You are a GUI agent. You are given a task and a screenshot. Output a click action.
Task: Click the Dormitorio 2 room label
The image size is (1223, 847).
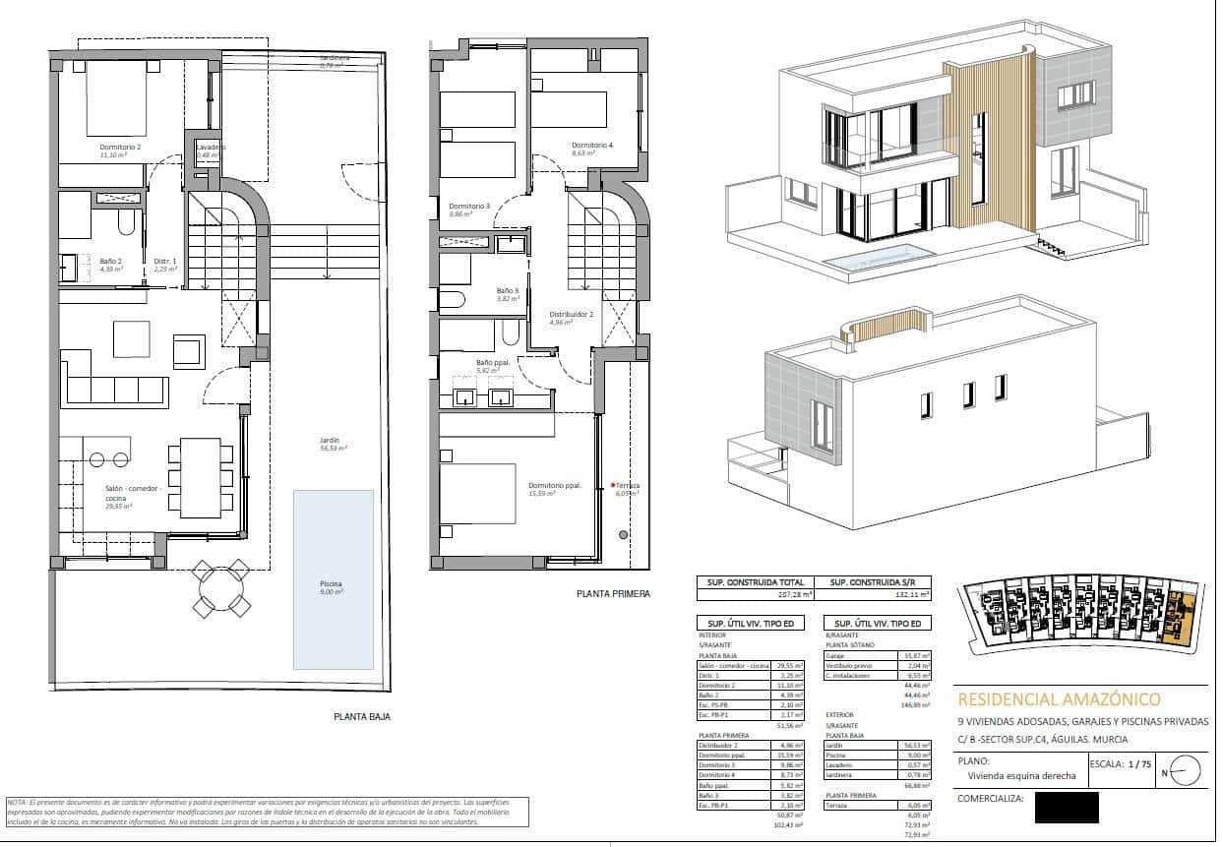120,151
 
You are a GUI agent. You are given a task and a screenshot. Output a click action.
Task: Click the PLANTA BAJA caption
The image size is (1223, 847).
360,717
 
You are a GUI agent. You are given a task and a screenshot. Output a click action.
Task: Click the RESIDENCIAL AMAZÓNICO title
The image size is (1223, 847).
1058,699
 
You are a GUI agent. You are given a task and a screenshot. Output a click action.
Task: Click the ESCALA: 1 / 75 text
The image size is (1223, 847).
1119,763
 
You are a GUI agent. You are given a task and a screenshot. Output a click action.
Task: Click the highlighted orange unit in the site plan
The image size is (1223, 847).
1180,620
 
